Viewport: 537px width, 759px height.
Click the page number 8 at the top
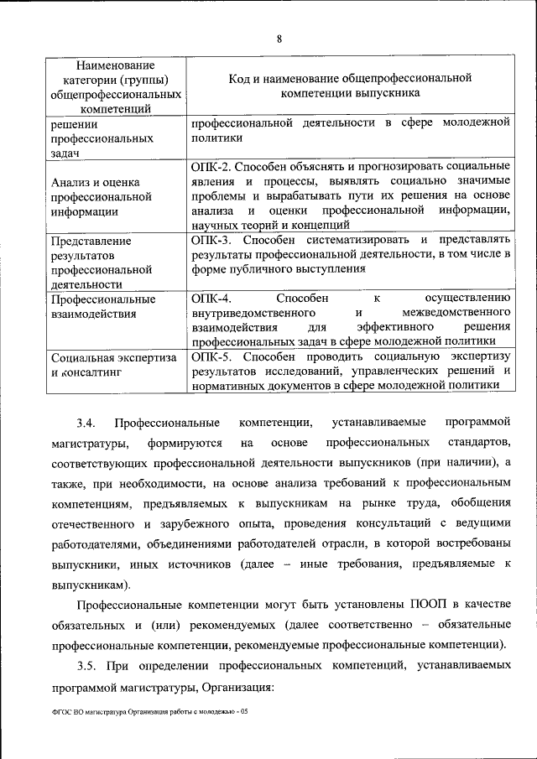pyautogui.click(x=279, y=38)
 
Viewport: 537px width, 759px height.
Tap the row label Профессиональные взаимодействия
pyautogui.click(x=103, y=306)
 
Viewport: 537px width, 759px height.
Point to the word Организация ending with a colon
pyautogui.click(x=238, y=687)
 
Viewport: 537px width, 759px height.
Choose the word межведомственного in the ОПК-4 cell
pyautogui.click(x=451, y=313)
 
